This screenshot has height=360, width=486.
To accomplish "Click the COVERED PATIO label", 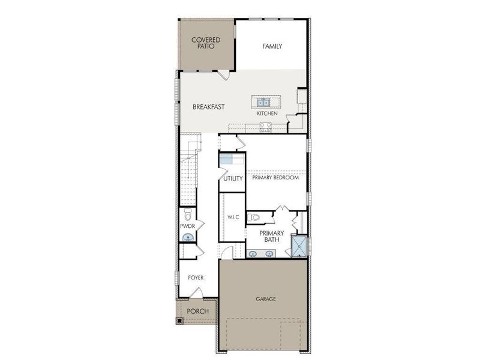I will point(206,43).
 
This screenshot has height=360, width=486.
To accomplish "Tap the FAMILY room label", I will point(272,46).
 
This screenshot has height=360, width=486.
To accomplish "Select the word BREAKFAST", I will point(209,107).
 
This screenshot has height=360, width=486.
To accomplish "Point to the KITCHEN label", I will point(267,113).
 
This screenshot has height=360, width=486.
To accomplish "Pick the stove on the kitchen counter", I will point(265,127).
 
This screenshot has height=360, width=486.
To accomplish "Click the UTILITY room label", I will point(233,178).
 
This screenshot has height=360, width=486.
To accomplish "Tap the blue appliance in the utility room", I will point(226,159).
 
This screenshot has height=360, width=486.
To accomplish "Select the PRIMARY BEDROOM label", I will point(275,177).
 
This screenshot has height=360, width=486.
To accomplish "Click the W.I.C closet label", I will point(233,217).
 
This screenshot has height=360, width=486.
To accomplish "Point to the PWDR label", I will point(188,226).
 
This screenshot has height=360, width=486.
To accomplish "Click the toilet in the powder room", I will point(187,215).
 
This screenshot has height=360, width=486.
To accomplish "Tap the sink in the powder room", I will point(188,238).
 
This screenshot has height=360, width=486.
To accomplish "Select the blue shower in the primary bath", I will point(298,246).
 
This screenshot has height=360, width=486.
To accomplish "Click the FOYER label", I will point(196,278).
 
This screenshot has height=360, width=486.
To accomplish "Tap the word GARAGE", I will point(266,298).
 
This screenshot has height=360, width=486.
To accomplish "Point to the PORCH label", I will point(197,311).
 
